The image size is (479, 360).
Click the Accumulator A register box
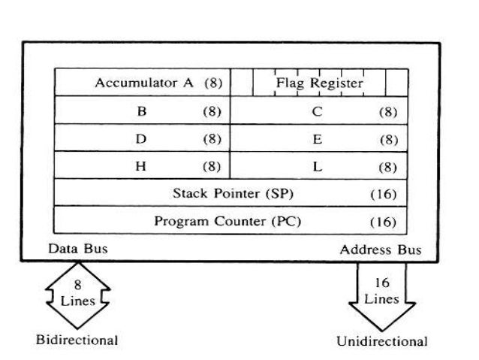[x=142, y=83]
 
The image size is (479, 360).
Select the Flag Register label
[x=319, y=83]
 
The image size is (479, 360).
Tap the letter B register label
[x=141, y=111]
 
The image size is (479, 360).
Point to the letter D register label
[x=141, y=139]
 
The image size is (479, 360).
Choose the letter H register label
[x=141, y=167]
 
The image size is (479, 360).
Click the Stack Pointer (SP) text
[x=233, y=194]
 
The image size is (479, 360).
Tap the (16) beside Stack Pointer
[x=383, y=194]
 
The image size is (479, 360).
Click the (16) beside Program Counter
[x=383, y=222]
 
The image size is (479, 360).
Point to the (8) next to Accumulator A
[x=213, y=83]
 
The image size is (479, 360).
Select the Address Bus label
[x=380, y=250]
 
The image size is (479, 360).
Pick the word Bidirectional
[x=77, y=340]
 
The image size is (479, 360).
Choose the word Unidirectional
[x=381, y=341]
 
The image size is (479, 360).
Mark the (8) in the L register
[x=387, y=167]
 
